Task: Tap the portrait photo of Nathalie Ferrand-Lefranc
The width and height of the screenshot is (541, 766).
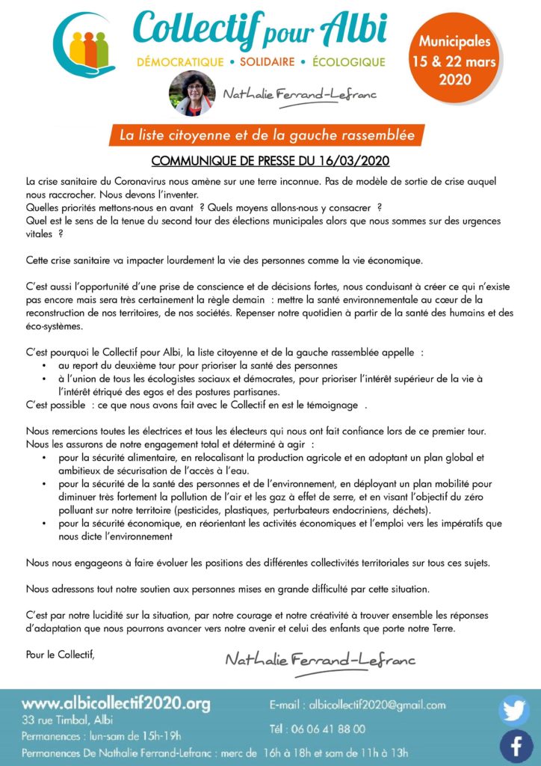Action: pyautogui.click(x=192, y=94)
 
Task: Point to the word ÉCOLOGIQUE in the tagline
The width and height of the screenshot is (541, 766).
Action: pyautogui.click(x=347, y=61)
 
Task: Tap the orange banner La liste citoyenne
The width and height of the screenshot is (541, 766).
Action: pyautogui.click(x=266, y=135)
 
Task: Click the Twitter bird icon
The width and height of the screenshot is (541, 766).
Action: pyautogui.click(x=514, y=710)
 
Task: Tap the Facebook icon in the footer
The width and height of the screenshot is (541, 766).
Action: pyautogui.click(x=514, y=746)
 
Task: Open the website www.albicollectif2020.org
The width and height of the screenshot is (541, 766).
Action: pyautogui.click(x=116, y=704)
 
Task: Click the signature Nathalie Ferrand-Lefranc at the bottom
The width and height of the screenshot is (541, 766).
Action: pyautogui.click(x=320, y=660)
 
